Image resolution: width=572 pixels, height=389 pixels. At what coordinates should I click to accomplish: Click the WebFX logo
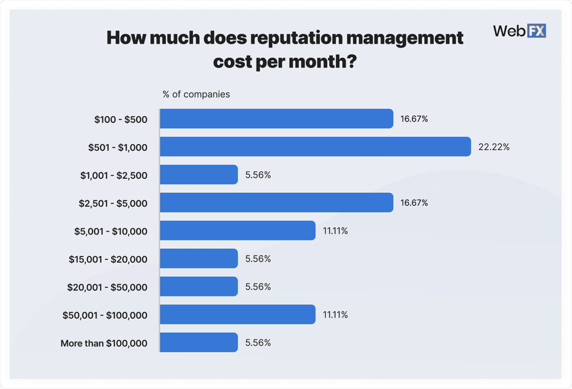tap(519, 31)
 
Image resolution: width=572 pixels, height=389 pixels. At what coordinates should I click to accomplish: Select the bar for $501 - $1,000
tap(315, 147)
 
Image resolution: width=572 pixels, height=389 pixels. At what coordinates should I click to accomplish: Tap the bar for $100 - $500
tap(276, 119)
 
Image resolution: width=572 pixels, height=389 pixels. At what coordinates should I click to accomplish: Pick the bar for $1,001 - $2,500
tap(198, 174)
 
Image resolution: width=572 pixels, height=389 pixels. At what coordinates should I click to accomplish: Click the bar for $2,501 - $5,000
tap(276, 203)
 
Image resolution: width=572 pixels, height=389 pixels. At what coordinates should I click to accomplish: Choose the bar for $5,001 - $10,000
tap(237, 230)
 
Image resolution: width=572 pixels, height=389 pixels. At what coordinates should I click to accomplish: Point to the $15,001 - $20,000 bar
tap(198, 258)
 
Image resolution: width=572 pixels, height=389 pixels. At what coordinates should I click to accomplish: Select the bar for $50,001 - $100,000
tap(237, 315)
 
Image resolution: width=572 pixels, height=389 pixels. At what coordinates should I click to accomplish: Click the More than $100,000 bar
tap(198, 342)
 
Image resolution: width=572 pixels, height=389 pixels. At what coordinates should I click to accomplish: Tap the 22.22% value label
tap(494, 147)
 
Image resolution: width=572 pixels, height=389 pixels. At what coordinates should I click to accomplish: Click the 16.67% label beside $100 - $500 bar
tap(414, 119)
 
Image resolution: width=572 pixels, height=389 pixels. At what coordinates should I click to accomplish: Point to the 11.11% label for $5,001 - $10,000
tap(335, 231)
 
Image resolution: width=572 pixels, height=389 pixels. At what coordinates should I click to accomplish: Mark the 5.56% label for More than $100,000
tap(258, 343)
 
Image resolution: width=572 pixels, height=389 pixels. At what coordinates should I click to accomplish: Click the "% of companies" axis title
tap(196, 94)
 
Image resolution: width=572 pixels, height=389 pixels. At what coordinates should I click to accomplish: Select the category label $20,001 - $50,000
tap(107, 287)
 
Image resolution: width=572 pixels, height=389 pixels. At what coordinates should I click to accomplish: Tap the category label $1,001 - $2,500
tap(114, 175)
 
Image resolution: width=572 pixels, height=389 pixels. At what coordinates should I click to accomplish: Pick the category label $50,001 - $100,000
tap(105, 315)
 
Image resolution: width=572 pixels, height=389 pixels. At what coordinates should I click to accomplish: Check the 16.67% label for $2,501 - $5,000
tap(414, 203)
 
